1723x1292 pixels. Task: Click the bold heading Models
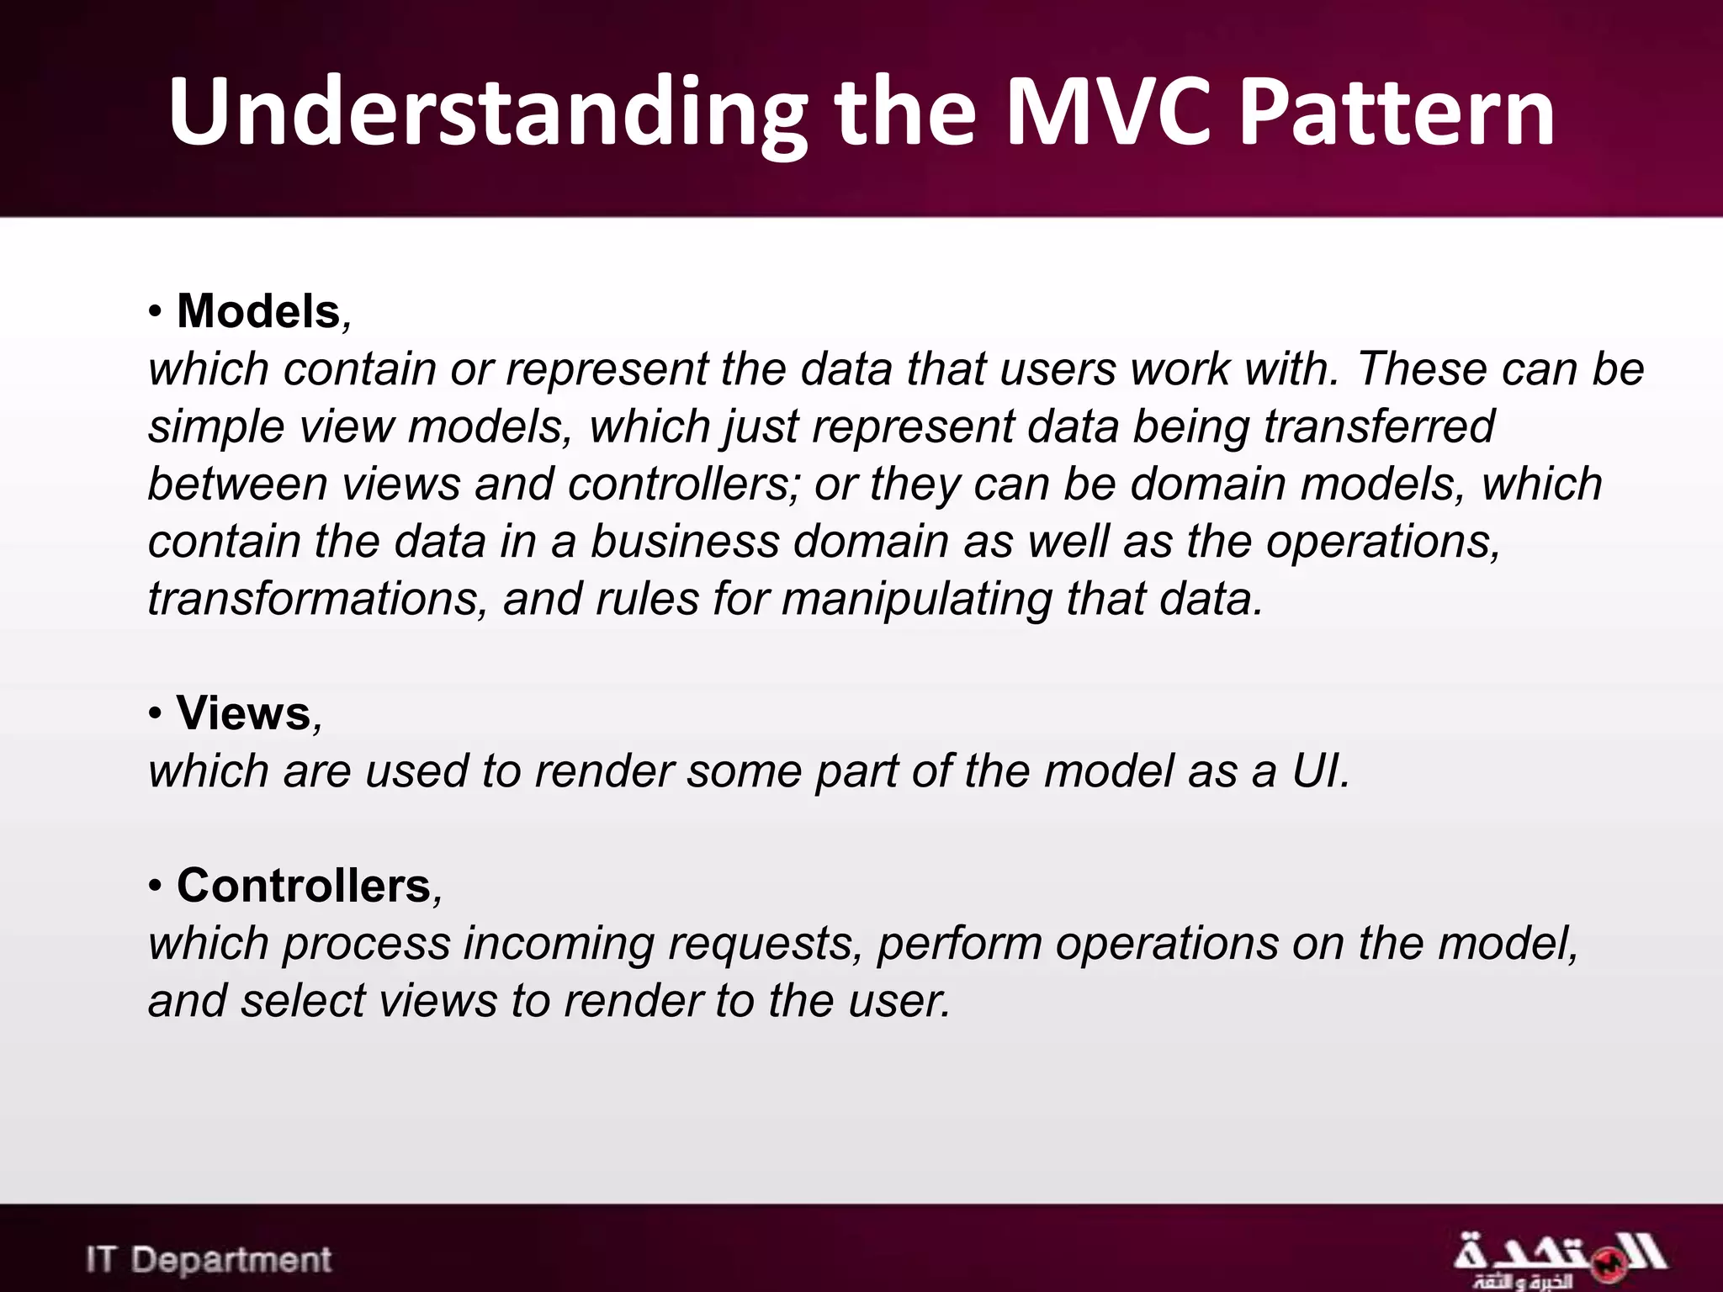coord(258,311)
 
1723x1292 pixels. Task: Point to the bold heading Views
coord(244,713)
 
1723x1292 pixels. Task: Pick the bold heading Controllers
coord(304,886)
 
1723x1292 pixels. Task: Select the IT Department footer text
coord(209,1259)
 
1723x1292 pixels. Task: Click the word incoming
coord(559,944)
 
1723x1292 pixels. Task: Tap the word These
coord(1422,368)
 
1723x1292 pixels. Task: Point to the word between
coord(236,484)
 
